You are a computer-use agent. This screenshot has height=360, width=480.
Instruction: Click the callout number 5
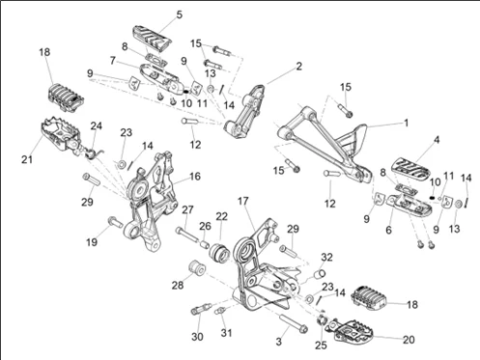(x=180, y=14)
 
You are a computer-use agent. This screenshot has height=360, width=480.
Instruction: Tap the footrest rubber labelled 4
(x=410, y=168)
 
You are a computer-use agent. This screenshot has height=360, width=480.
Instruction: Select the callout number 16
(x=195, y=177)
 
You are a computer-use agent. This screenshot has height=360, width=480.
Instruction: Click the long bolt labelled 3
(x=294, y=323)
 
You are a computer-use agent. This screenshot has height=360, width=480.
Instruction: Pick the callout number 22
(x=221, y=216)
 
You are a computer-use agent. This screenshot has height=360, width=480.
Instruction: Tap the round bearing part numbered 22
(x=219, y=253)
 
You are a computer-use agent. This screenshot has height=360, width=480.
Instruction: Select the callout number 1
(x=407, y=123)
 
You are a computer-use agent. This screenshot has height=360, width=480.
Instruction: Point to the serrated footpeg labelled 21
(x=61, y=136)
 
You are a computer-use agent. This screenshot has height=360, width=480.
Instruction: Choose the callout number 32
(x=326, y=258)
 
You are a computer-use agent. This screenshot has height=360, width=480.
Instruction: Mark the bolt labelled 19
(x=116, y=222)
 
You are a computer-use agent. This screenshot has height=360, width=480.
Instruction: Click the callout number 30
(x=197, y=337)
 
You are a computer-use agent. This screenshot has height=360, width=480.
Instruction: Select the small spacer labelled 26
(x=205, y=243)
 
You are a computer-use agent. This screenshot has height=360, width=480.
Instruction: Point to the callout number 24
(x=97, y=125)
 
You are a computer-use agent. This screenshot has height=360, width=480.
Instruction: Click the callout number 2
(x=299, y=67)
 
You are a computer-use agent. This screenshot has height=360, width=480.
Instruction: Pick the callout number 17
(x=243, y=201)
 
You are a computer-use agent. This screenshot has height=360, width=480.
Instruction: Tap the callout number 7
(x=112, y=61)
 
